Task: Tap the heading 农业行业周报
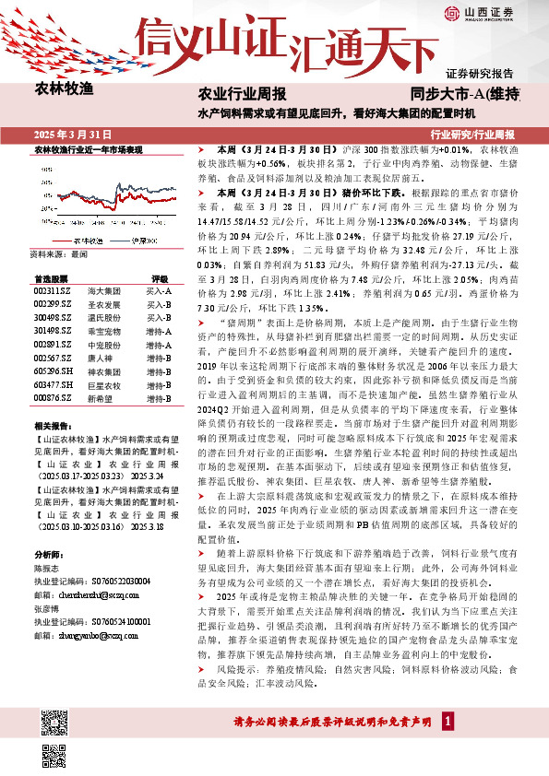[x=242, y=95]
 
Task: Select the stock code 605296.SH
[x=50, y=369]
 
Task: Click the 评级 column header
[x=160, y=277]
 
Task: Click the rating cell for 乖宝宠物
[x=160, y=330]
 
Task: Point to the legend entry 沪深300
[x=142, y=240]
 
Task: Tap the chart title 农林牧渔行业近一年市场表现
[x=89, y=148]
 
